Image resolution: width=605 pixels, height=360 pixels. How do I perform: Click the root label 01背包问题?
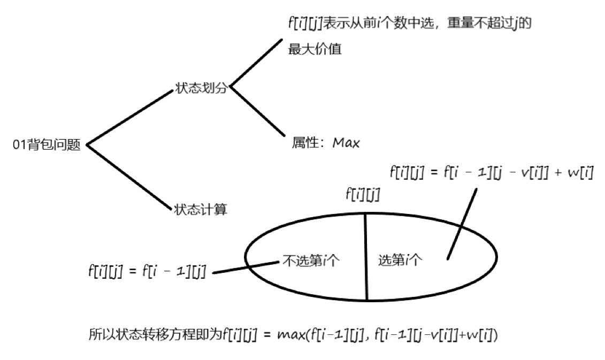47,145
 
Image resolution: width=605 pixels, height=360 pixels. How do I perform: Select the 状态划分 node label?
201,88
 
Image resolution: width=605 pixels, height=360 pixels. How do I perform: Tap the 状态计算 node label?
201,209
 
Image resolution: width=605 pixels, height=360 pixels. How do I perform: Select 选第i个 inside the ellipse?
401,261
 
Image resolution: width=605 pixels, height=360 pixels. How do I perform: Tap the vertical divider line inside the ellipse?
366,257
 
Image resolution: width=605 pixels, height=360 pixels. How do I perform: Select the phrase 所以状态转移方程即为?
155,335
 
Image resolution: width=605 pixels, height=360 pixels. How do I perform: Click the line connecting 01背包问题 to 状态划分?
128,118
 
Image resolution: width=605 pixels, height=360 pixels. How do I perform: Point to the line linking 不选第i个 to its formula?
246,268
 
